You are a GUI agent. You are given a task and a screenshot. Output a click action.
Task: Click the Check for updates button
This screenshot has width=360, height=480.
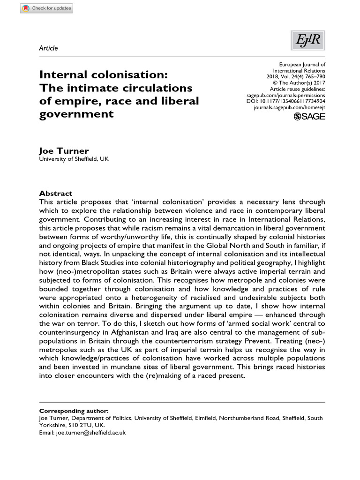pyautogui.click(x=46, y=8)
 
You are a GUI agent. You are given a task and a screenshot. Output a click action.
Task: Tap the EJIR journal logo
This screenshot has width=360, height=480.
pyautogui.click(x=308, y=41)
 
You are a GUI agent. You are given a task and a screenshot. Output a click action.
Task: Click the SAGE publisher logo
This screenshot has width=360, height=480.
pyautogui.click(x=309, y=117)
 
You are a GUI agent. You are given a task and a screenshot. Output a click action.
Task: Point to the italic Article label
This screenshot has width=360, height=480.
pyautogui.click(x=48, y=48)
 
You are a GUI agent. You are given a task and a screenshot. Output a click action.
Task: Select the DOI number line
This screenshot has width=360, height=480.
pyautogui.click(x=286, y=101)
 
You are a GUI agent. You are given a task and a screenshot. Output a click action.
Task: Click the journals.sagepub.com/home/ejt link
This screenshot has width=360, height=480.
pyautogui.click(x=289, y=107)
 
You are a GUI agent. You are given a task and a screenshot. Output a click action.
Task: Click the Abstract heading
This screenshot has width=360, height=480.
pyautogui.click(x=56, y=194)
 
